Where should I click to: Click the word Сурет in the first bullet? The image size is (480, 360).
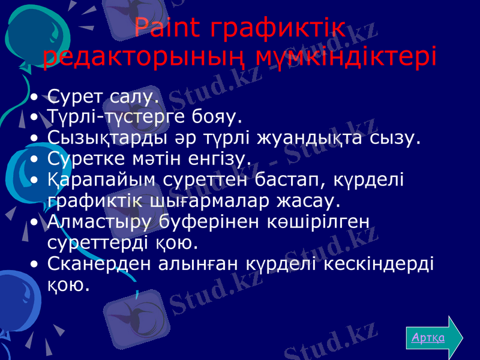(76, 95)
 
